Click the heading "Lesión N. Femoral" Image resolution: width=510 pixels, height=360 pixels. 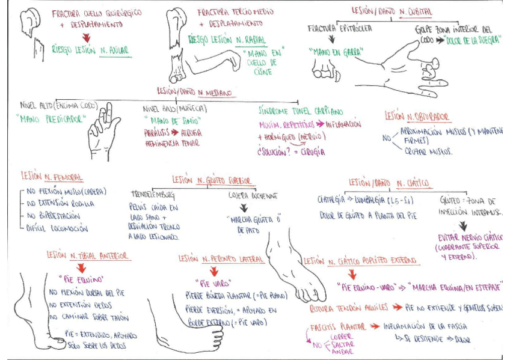(x=52, y=177)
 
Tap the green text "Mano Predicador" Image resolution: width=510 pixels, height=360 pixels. (x=49, y=118)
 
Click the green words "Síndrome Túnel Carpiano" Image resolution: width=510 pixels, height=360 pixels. (x=300, y=112)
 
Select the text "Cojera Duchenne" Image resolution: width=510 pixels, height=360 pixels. (x=253, y=195)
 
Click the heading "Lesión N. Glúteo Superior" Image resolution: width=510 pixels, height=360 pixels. (x=212, y=180)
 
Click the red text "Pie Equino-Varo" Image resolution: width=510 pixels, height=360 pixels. (x=367, y=287)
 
